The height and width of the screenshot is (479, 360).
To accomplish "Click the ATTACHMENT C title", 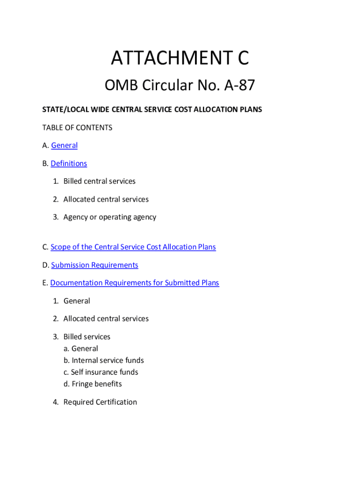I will [x=180, y=59].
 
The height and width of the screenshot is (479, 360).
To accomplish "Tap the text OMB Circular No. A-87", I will [x=180, y=86].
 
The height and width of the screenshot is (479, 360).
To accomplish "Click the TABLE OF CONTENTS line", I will [x=77, y=128].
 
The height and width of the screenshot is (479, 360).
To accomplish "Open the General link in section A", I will [x=65, y=145].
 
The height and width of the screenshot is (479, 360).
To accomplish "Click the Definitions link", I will [x=69, y=163].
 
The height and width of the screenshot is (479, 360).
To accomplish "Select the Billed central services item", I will [x=99, y=181].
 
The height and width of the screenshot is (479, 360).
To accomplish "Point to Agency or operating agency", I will [x=109, y=217].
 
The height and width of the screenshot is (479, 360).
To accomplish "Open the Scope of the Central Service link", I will [x=133, y=247].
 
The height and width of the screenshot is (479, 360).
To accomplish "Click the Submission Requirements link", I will [x=94, y=265].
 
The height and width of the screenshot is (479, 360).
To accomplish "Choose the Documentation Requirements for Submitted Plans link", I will [x=135, y=283].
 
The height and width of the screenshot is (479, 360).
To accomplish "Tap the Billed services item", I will [x=87, y=337].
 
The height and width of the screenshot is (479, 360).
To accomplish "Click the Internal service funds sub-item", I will [x=108, y=360].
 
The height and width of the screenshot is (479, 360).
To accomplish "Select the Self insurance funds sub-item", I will [x=105, y=372].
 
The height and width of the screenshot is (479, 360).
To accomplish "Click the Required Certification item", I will [x=100, y=402].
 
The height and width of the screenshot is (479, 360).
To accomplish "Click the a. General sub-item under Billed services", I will [x=81, y=348].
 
